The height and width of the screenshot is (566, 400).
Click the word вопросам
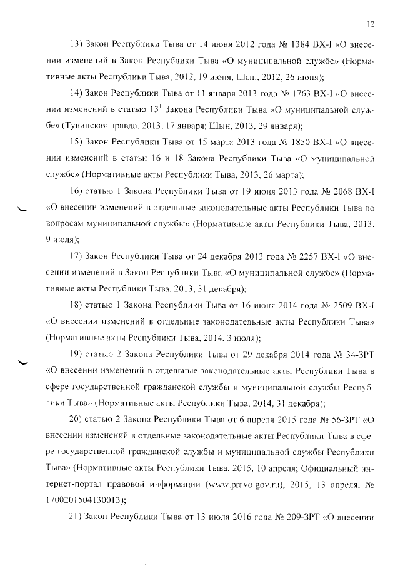(67, 223)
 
